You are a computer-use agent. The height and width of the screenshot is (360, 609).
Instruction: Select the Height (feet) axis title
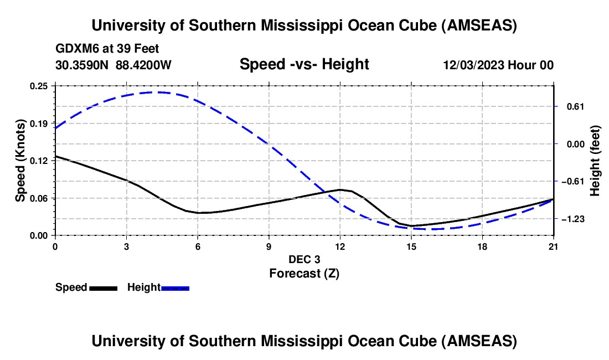pos(595,161)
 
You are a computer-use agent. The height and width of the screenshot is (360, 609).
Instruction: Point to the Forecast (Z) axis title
pos(304,273)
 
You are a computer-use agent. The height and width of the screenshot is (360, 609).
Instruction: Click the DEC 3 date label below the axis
pos(304,260)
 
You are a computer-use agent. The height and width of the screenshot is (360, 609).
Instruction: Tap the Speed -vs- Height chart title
pos(304,65)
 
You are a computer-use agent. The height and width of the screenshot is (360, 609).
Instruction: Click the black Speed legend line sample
pos(103,288)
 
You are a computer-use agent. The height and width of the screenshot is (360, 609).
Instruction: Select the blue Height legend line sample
pos(175,288)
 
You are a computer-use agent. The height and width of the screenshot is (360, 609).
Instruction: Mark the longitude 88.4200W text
pos(144,65)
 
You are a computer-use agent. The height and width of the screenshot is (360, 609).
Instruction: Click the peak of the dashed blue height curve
pos(159,92)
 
